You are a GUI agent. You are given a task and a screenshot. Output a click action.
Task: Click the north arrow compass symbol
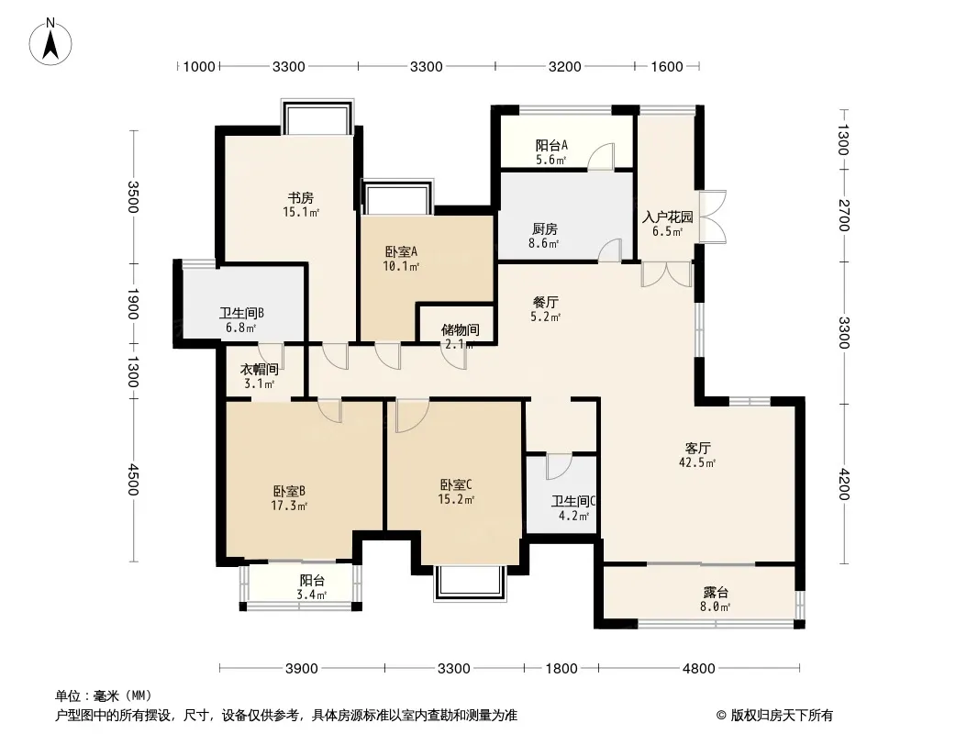pyautogui.click(x=50, y=42)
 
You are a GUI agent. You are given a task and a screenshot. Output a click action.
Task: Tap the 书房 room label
pyautogui.click(x=301, y=198)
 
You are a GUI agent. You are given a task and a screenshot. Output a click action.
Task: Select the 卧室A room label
pyautogui.click(x=401, y=252)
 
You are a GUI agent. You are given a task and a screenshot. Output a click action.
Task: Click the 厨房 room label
pyautogui.click(x=545, y=228)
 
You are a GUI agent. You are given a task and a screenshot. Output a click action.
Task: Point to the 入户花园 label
pyautogui.click(x=667, y=217)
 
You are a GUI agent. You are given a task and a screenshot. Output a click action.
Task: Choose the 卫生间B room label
pyautogui.click(x=241, y=314)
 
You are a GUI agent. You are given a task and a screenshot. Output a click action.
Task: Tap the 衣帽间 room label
pyautogui.click(x=260, y=370)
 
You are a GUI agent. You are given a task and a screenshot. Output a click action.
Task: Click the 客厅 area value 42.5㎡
pyautogui.click(x=697, y=462)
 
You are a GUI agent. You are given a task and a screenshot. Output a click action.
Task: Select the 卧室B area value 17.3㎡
pyautogui.click(x=289, y=506)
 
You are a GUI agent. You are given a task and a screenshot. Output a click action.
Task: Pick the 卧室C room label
pyautogui.click(x=456, y=484)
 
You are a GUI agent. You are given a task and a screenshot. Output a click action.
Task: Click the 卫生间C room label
pyautogui.click(x=573, y=501)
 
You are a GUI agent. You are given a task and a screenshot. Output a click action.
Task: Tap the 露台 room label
pyautogui.click(x=716, y=593)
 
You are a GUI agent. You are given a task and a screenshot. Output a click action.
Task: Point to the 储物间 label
pyautogui.click(x=461, y=330)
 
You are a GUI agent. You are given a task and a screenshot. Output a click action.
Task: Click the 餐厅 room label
pyautogui.click(x=545, y=303)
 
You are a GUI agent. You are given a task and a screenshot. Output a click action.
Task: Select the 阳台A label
pyautogui.click(x=552, y=145)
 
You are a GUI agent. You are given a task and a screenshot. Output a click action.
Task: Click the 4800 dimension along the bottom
pyautogui.click(x=698, y=669)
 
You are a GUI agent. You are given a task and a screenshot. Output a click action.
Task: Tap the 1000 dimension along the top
pyautogui.click(x=199, y=67)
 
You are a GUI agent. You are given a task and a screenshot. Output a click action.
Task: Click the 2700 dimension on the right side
pyautogui.click(x=843, y=215)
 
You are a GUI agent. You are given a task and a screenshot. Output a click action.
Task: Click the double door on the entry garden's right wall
pyautogui.click(x=712, y=217)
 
